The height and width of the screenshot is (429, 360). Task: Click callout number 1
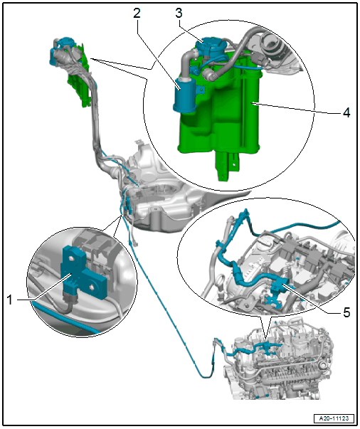click(x=9, y=300)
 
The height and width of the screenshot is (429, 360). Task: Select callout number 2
click(x=137, y=13)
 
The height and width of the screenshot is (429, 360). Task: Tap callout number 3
click(x=179, y=13)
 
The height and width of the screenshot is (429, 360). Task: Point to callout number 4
click(x=346, y=112)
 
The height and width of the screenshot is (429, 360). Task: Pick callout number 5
click(x=346, y=312)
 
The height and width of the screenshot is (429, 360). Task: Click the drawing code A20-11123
click(x=334, y=418)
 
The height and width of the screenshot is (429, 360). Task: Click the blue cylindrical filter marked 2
click(x=185, y=95)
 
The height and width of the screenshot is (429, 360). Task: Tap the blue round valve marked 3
click(x=210, y=46)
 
